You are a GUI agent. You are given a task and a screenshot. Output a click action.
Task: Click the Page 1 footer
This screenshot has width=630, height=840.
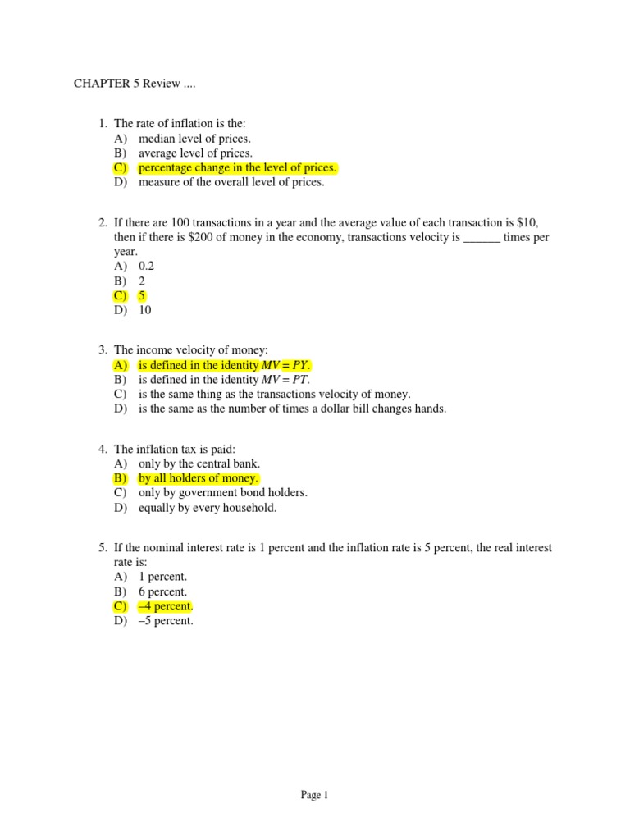click(315, 794)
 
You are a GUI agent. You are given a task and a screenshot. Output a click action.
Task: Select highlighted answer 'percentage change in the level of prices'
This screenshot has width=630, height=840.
click(237, 168)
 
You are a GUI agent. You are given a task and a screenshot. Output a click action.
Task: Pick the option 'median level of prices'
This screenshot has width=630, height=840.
click(194, 139)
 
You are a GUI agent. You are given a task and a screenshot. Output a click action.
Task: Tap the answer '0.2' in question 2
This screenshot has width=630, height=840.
click(146, 267)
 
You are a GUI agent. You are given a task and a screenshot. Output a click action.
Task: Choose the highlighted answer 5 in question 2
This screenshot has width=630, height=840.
click(142, 296)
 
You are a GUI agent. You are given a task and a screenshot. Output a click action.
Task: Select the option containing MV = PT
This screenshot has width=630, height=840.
click(224, 380)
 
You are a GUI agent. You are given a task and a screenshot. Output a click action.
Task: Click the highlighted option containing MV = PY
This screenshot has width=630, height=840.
click(225, 365)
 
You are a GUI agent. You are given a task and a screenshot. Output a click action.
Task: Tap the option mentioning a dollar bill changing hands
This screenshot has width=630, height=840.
click(292, 409)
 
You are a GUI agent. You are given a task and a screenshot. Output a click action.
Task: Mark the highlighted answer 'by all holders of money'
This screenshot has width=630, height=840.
click(199, 478)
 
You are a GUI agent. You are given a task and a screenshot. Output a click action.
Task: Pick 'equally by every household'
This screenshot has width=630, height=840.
click(208, 508)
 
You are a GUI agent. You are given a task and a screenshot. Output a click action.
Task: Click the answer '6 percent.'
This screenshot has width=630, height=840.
click(162, 591)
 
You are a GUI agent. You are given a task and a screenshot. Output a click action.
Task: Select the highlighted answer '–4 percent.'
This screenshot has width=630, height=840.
click(165, 606)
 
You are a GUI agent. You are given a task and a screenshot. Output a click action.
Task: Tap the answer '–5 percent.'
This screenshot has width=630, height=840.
click(166, 621)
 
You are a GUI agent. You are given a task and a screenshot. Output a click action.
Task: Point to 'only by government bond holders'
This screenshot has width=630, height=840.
click(222, 493)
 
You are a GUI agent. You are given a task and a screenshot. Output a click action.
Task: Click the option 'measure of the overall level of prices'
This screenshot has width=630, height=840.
click(231, 183)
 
